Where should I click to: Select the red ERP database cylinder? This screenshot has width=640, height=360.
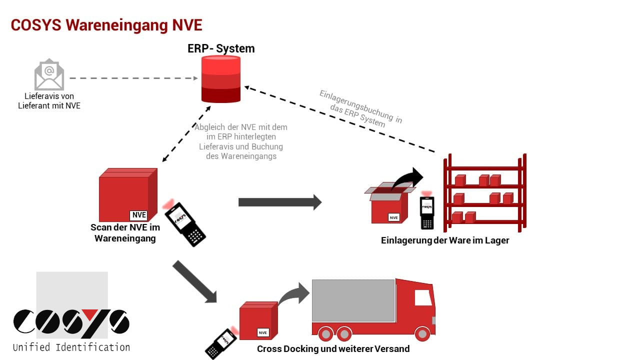pos(221,78)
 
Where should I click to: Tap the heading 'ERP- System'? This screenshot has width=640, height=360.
pos(221,48)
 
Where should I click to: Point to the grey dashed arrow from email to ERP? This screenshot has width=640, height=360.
pos(132,78)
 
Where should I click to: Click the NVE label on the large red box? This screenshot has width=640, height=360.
pos(138,215)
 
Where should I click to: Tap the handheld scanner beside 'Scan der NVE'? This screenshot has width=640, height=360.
pos(184,223)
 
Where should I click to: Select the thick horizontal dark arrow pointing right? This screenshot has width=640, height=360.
pos(279,202)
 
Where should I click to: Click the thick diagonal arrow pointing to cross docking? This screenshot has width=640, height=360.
pos(194,281)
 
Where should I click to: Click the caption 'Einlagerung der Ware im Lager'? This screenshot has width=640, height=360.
pos(445,240)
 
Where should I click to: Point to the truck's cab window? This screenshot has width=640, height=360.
pos(423,298)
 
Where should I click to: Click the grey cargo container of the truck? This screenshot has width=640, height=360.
pos(353,300)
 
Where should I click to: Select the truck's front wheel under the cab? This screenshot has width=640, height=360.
pos(422,333)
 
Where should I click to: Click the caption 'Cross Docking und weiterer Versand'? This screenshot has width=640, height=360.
pos(333,348)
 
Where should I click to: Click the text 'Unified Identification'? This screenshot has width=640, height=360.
pos(71,347)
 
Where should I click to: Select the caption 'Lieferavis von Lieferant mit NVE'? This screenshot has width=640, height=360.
pos(49,101)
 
